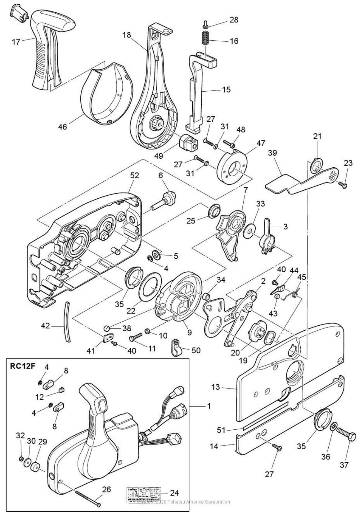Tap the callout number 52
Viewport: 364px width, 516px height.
(135, 175)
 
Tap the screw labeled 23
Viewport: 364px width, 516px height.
(344, 185)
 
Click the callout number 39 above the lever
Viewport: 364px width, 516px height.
(273, 153)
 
